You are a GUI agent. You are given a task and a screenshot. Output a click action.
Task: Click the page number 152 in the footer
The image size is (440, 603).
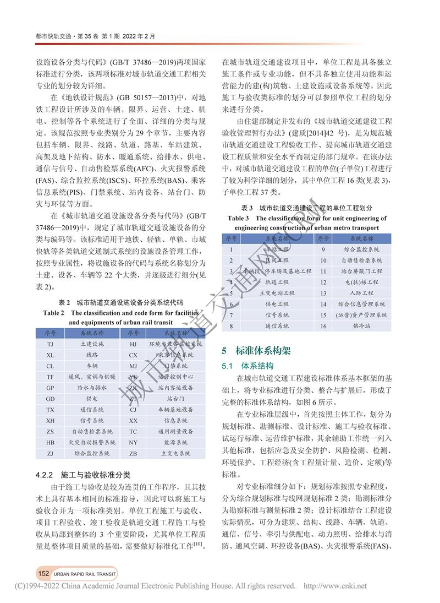coord(44,573)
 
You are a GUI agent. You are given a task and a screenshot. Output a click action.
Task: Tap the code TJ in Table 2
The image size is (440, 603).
coord(50,344)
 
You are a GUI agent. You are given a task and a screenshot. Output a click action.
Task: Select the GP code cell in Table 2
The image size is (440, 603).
coord(50,388)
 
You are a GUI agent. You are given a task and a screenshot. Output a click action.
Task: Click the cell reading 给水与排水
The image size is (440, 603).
coord(92,388)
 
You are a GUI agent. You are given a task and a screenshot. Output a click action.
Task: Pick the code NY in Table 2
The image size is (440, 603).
coord(133,442)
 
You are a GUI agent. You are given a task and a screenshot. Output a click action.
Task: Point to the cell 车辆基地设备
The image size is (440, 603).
coord(176,410)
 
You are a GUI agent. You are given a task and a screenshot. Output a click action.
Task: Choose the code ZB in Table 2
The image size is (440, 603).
coord(133,453)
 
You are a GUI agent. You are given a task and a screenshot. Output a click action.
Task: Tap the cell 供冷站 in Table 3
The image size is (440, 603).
coord(361,326)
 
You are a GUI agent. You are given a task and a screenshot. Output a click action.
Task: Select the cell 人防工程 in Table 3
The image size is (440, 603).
coord(361,293)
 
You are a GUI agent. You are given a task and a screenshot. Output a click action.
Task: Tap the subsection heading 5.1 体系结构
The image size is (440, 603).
coord(248,365)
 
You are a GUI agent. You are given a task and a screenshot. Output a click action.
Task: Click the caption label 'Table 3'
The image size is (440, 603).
coord(242,218)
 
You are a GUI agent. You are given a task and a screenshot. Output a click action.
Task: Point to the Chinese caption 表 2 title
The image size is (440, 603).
coord(120,303)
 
